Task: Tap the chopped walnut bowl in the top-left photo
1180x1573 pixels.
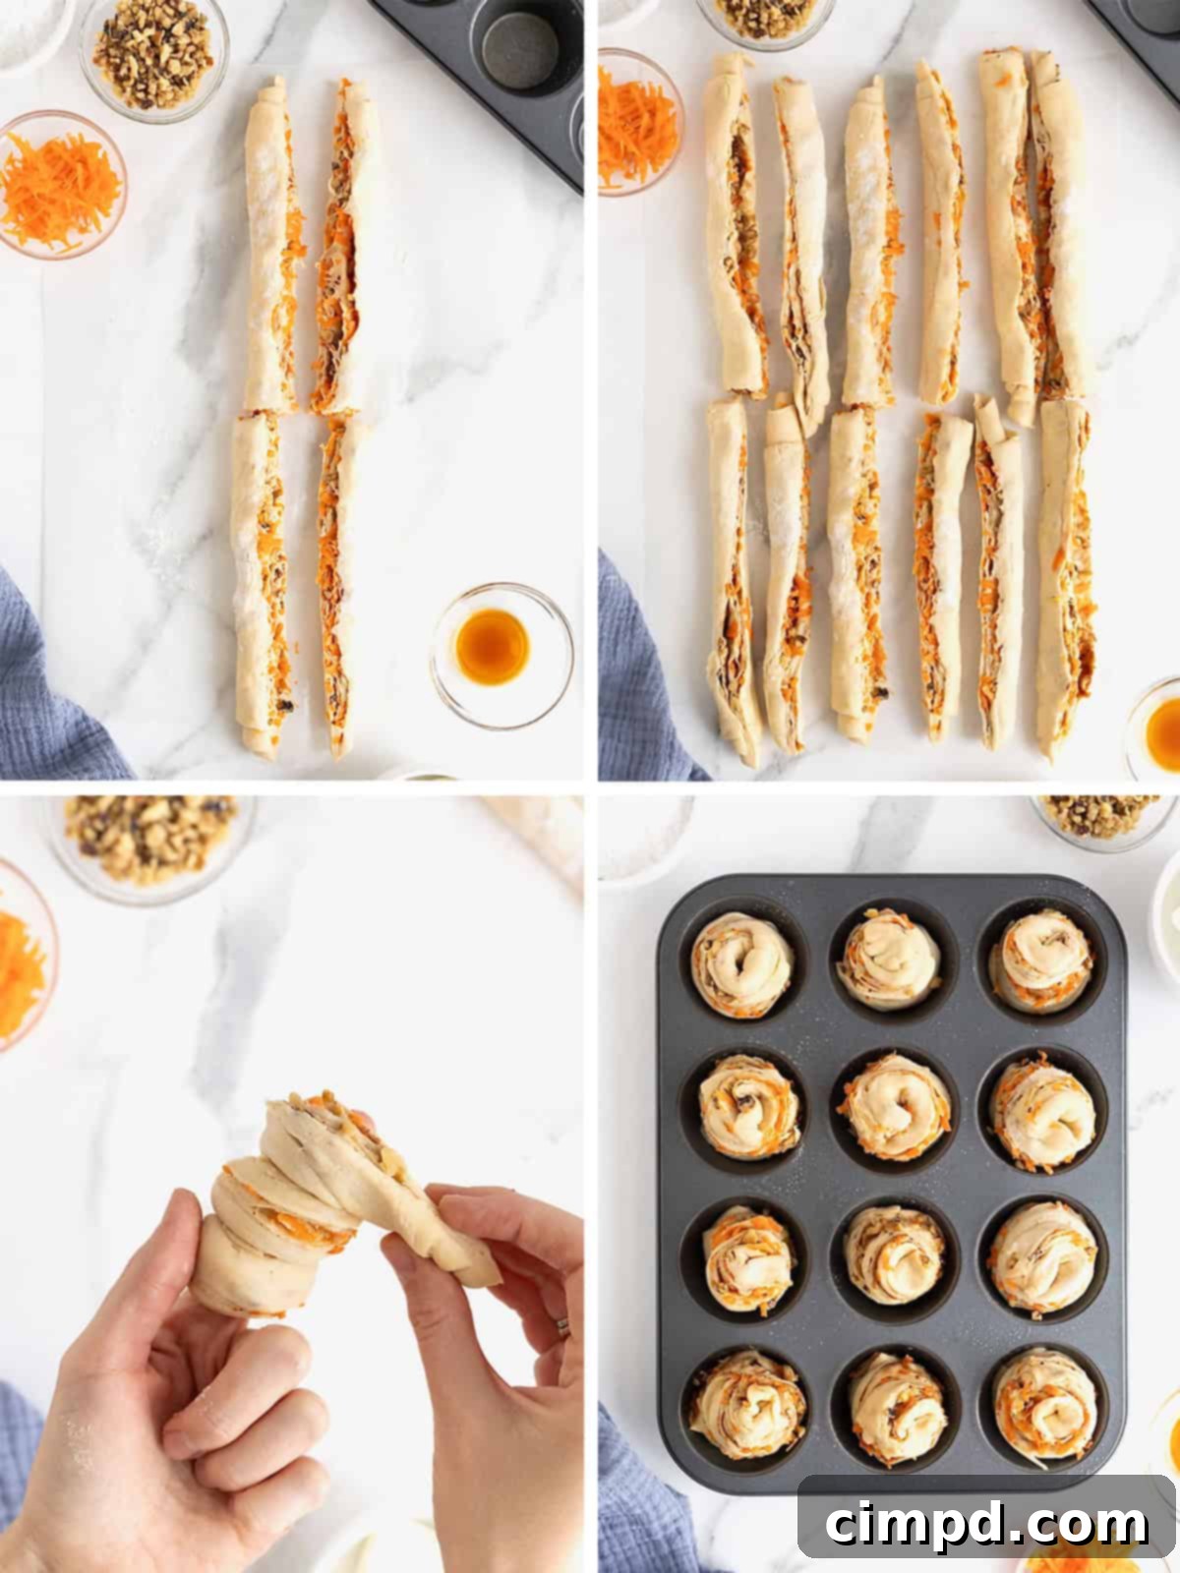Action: pos(153,53)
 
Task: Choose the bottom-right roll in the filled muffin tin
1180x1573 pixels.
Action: pos(1044,1403)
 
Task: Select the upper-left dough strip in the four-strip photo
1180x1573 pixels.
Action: pos(268,246)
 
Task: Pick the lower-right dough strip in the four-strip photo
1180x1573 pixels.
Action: pos(336,585)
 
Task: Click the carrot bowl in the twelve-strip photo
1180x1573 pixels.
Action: pos(634,123)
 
